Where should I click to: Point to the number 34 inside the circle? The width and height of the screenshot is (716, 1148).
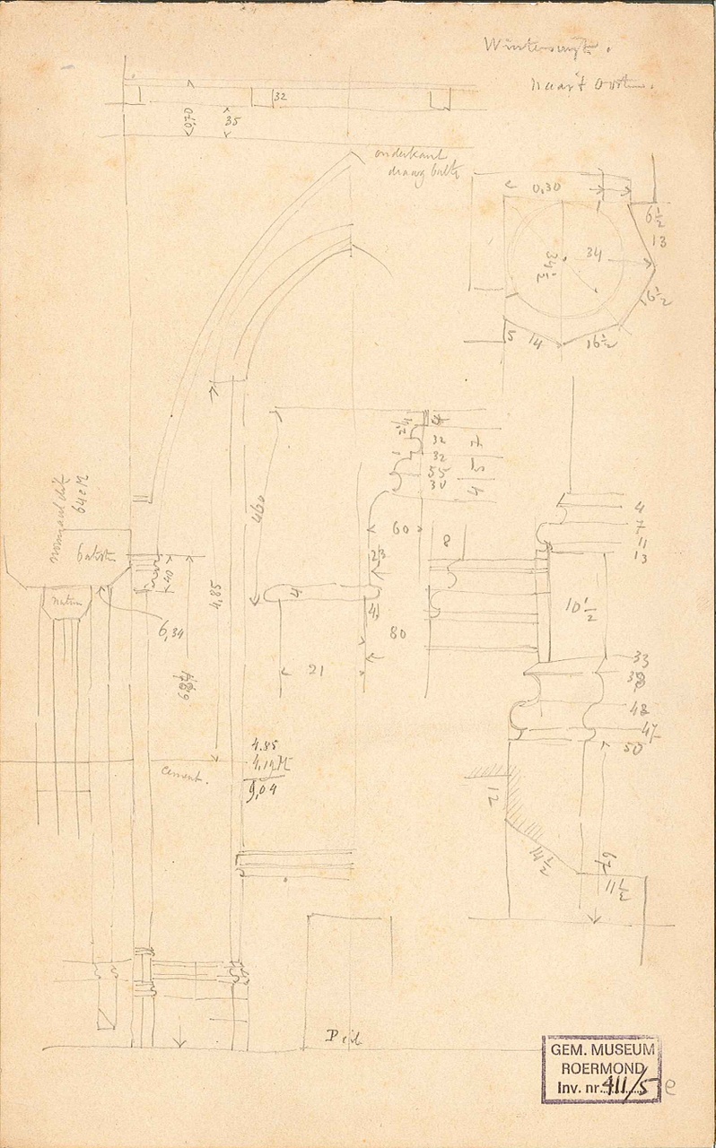[589, 254]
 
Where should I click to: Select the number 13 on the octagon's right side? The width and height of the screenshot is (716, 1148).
[659, 240]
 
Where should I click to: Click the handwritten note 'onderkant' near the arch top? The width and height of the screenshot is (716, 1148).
[402, 154]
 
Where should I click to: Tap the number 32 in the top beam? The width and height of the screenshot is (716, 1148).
[279, 95]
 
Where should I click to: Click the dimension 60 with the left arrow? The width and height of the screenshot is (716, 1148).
[400, 530]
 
